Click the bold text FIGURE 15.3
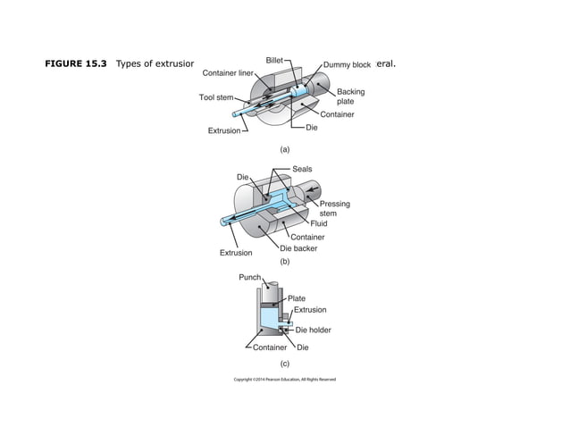pos(80,64)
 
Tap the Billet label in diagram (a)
pos(275,60)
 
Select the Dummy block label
pos(347,65)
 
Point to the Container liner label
pos(229,72)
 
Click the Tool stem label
pos(215,97)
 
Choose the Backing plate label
pos(350,96)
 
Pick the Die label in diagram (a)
pos(312,128)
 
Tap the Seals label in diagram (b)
pos(302,169)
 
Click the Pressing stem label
pos(334,208)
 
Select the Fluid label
pos(318,223)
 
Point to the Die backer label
pos(298,248)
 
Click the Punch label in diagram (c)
pos(249,278)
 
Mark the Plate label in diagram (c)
pos(297,297)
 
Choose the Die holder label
pos(313,331)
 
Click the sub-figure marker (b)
pos(285,263)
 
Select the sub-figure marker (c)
pos(285,364)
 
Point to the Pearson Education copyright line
pos(285,380)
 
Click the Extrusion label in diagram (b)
pos(236,253)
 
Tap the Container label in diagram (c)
pos(269,347)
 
